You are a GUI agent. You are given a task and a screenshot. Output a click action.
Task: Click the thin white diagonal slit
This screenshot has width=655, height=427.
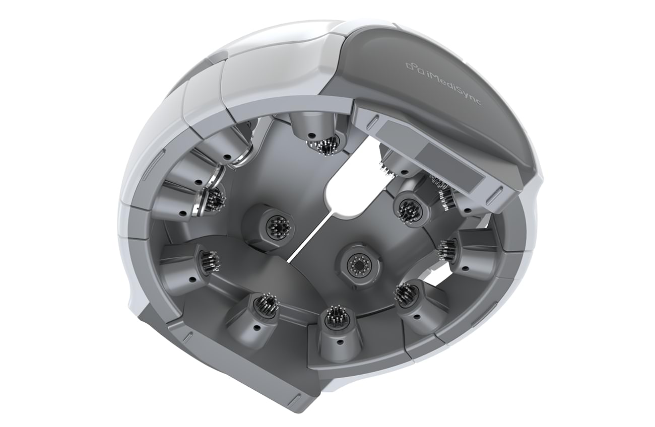click(x=310, y=237)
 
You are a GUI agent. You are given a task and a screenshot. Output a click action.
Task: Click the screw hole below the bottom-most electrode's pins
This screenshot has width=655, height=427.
click(x=340, y=341)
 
